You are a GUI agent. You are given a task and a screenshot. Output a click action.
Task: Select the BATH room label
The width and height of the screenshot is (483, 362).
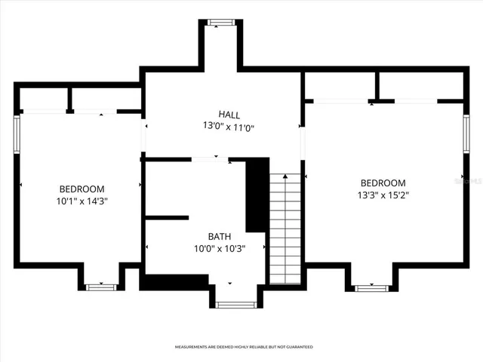[x=220, y=236]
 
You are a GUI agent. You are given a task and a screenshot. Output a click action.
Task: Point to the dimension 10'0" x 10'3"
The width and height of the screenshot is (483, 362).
[x=220, y=248]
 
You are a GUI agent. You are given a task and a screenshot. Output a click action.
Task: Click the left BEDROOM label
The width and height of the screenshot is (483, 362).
[x=82, y=189]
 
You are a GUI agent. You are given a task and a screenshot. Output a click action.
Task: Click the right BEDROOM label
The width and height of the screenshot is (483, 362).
[x=383, y=183]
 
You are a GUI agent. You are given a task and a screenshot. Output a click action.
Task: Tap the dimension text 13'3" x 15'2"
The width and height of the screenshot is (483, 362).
[x=383, y=195]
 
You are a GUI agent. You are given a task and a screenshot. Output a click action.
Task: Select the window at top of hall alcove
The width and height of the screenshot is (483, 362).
[x=221, y=22]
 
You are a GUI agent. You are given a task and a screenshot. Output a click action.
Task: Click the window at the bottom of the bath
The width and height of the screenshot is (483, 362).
[x=236, y=305]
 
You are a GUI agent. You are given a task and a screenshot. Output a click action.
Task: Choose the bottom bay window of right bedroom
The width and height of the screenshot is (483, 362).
[x=371, y=287]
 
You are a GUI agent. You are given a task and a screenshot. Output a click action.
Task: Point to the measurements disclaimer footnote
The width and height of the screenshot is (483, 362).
[x=244, y=347]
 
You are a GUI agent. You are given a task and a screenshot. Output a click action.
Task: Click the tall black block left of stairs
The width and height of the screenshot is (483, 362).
[x=258, y=195]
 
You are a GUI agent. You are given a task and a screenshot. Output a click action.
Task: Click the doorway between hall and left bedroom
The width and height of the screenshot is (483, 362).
[x=143, y=135]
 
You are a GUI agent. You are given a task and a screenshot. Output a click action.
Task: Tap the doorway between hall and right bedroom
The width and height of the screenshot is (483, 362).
[x=303, y=143]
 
